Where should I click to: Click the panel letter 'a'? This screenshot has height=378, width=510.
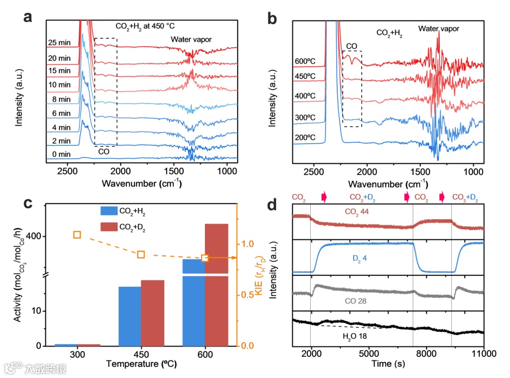(29, 18)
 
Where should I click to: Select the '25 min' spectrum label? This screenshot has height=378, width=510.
(59, 43)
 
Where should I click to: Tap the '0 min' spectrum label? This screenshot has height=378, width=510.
(61, 155)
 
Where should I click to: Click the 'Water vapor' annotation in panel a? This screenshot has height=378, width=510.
(191, 39)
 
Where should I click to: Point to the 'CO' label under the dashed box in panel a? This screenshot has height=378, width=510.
(104, 152)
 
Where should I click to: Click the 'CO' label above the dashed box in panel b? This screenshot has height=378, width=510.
(352, 46)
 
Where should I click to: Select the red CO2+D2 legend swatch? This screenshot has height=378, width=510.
(111, 227)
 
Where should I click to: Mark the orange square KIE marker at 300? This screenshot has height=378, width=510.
(77, 235)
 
